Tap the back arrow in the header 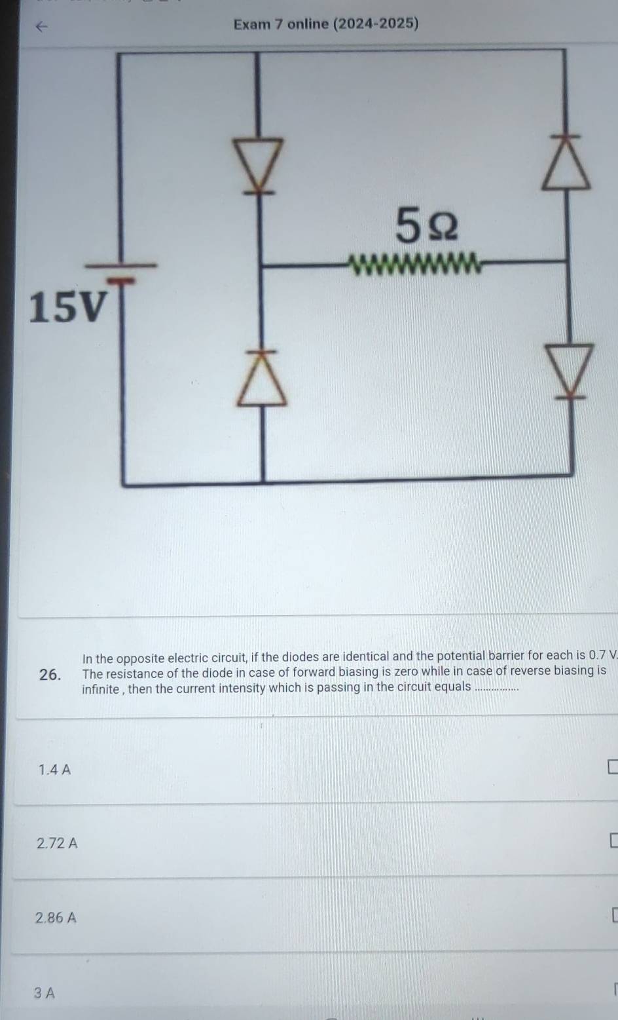(41, 27)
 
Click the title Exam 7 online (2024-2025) (326, 24)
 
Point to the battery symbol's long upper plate (121, 265)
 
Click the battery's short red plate (122, 280)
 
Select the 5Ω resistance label (426, 225)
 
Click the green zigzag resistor (414, 264)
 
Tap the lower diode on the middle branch (262, 378)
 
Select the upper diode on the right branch (566, 162)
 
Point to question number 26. (50, 674)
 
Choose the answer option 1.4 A (54, 770)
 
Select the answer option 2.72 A (57, 843)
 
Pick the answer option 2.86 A (56, 917)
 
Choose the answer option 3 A (44, 992)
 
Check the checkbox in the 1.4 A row (613, 766)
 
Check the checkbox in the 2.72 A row (614, 841)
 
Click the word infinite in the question (101, 689)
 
